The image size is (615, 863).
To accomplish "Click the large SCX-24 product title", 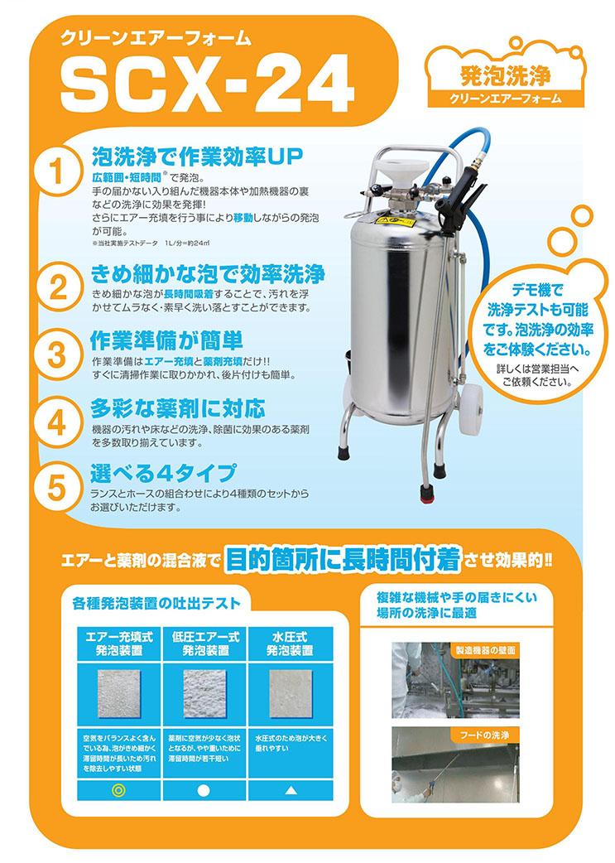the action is pos(206,82).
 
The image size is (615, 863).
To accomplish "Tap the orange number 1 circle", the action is pos(56,171).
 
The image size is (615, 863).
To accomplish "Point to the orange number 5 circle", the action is pos(56,486).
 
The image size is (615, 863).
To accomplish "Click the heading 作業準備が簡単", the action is pos(166,340).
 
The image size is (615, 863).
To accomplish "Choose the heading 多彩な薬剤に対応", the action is pos(178,408).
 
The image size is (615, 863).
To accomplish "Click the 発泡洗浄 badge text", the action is pos(506,75).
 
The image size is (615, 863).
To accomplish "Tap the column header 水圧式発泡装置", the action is pos(290,644).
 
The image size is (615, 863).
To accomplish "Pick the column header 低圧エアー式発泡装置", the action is pos(205,644).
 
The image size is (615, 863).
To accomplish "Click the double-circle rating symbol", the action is pos(118,790).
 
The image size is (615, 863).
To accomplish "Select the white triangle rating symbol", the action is pos(291,791).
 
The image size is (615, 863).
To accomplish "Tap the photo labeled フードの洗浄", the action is pos(456,766).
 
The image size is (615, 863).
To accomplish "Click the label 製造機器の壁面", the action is pos(484,650).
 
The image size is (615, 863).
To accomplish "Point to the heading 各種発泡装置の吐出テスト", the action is pos(156,603).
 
